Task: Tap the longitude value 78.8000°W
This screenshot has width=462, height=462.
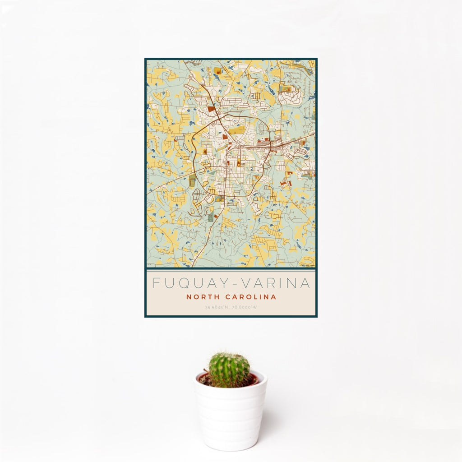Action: point(244,308)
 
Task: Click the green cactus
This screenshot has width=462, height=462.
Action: point(229,370)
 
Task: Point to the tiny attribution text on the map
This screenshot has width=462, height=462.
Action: point(308,266)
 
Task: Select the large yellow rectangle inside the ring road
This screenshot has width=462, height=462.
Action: point(237,131)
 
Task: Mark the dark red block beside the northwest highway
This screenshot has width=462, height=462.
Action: point(212,109)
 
